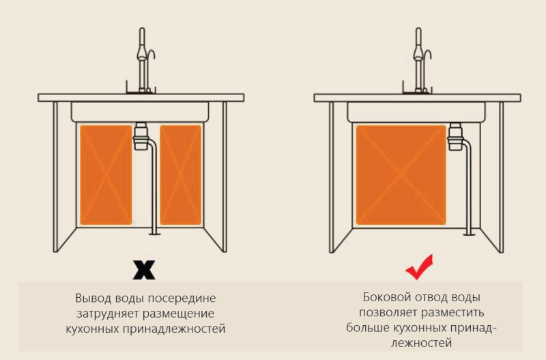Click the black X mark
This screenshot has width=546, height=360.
tap(144, 270)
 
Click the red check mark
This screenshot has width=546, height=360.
tap(419, 267)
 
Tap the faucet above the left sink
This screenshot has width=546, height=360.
tap(142, 61)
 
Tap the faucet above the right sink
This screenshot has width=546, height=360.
tap(418, 61)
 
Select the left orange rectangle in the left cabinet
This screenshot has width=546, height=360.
tap(106, 175)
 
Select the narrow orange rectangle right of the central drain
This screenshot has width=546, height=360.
tap(181, 175)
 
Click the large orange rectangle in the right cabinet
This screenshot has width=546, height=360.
tap(401, 175)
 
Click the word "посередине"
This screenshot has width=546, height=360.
tap(182, 299)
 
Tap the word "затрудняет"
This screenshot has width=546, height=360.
tap(108, 314)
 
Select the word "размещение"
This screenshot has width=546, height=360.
tap(179, 314)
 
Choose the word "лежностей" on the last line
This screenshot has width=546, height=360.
tap(421, 343)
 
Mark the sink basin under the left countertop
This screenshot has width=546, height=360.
tap(140, 112)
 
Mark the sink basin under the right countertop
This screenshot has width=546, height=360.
tap(416, 112)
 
